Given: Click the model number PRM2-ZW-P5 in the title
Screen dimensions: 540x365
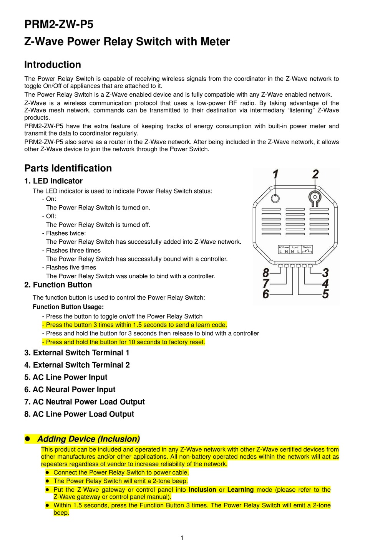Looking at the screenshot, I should [x=59, y=24].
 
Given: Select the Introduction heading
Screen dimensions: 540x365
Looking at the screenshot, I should [x=53, y=64].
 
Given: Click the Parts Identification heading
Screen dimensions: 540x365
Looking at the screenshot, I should [x=68, y=168].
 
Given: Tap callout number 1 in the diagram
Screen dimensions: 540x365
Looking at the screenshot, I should [x=275, y=175].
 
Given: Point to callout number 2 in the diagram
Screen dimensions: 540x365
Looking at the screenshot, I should [x=315, y=175].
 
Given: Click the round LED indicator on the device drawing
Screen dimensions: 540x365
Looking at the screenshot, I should [x=275, y=198].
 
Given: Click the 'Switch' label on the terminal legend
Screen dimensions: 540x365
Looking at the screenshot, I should [x=307, y=248].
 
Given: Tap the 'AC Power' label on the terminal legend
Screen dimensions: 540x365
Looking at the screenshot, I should [x=284, y=248].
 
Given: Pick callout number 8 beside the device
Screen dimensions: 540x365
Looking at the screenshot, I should [x=266, y=273].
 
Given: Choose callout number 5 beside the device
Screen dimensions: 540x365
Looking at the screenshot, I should [x=325, y=294].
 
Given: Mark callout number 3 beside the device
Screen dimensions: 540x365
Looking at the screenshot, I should [x=325, y=273].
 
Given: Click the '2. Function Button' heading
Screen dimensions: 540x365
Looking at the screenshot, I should [x=58, y=285].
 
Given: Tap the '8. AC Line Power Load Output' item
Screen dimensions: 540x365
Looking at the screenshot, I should [x=79, y=414].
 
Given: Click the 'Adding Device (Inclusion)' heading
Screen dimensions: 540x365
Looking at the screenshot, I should [x=88, y=439].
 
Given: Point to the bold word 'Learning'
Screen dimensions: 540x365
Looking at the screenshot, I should [x=241, y=490].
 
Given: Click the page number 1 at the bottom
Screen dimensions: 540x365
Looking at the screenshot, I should [x=182, y=538].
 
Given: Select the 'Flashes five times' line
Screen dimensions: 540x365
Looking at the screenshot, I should [x=71, y=268].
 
